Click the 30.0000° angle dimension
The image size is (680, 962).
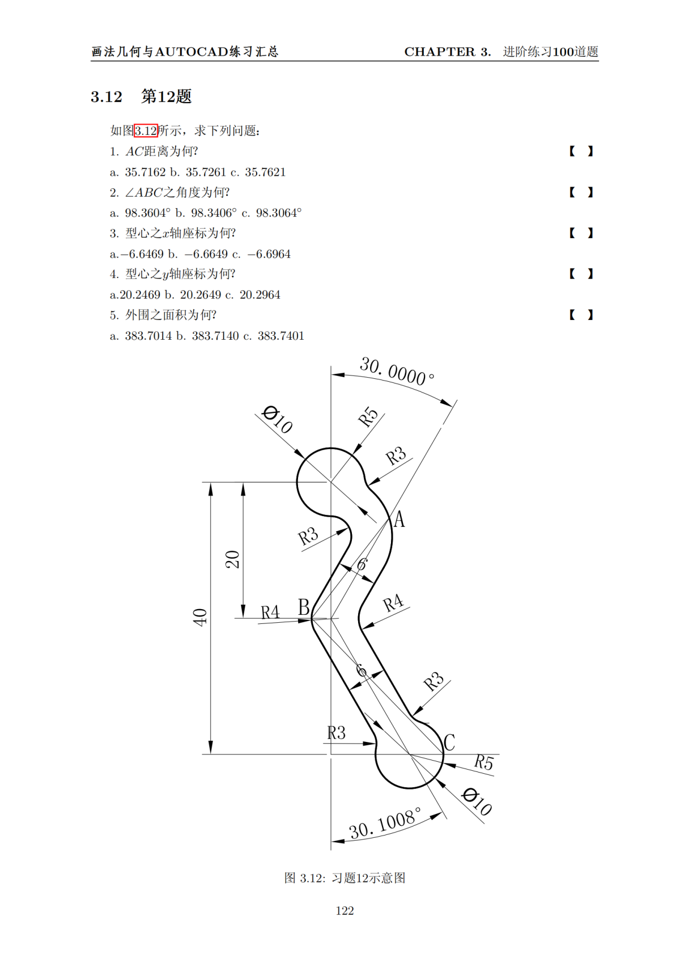[x=397, y=372]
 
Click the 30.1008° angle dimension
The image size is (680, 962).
[x=385, y=823]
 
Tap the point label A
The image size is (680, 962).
[x=399, y=520]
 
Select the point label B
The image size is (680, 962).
[x=304, y=607]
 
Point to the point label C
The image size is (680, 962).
[x=449, y=742]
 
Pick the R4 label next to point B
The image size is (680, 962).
[x=270, y=612]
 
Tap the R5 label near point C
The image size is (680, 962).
[x=483, y=762]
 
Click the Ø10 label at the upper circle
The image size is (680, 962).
[x=277, y=419]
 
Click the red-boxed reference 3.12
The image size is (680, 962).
[x=146, y=131]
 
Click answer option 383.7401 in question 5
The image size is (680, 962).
[x=280, y=336]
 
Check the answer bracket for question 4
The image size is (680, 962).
[x=581, y=274]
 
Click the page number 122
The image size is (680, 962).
[x=345, y=910]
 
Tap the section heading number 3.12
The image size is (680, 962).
[x=107, y=97]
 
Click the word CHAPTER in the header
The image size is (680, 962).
[x=440, y=52]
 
